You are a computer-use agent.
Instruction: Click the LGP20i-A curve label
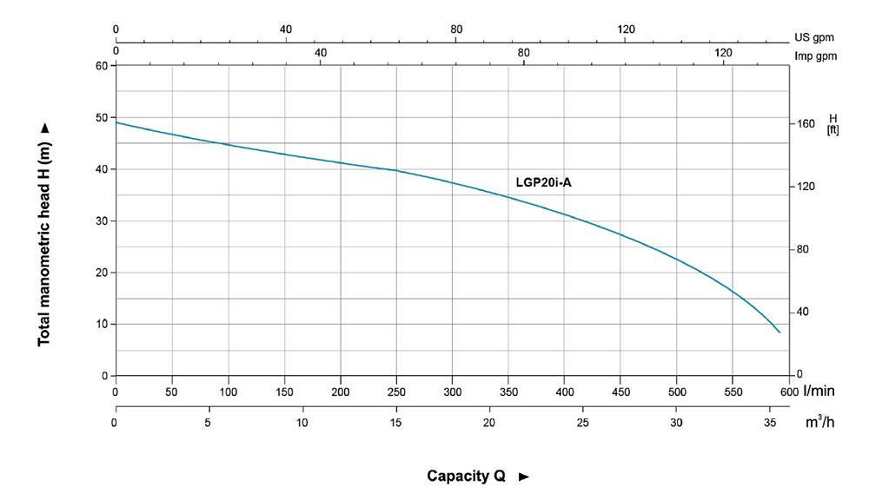point(543,182)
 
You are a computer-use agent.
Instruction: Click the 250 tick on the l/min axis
point(396,391)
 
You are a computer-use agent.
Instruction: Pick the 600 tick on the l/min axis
point(788,391)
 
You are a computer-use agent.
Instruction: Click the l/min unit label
point(819,391)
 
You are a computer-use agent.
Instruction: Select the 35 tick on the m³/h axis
point(769,423)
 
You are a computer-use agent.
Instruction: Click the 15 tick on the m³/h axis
point(396,423)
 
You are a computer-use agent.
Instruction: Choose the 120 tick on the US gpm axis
point(626,30)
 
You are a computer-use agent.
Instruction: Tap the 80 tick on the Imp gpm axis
point(524,53)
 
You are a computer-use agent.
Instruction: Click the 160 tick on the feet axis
point(806,124)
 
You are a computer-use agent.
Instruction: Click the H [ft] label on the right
point(833,124)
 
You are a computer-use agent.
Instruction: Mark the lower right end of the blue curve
point(779,332)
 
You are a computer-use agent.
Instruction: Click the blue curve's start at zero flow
point(116,122)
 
